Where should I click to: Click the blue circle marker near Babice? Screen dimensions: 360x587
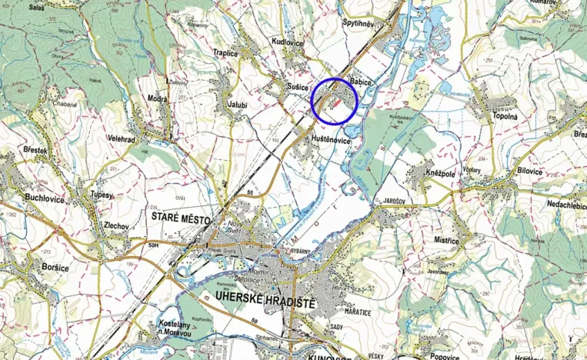(x=335, y=101)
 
